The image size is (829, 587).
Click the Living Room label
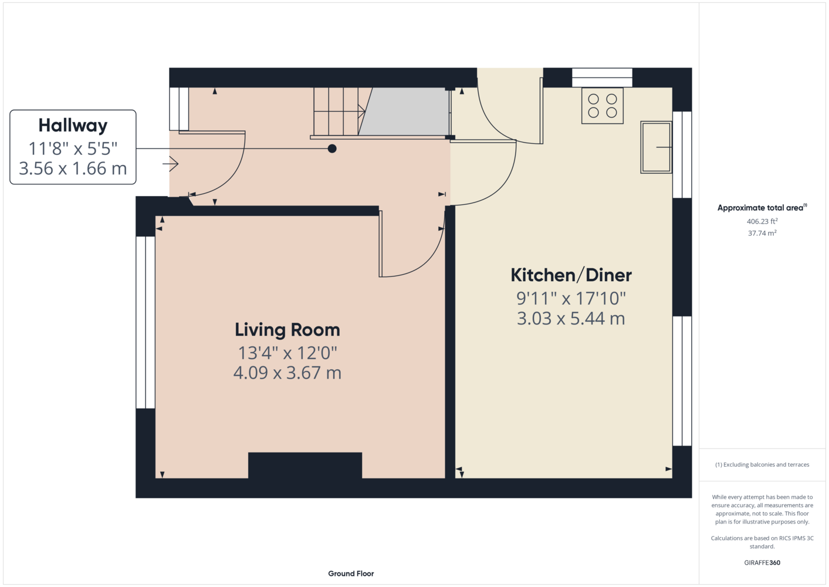tap(287, 330)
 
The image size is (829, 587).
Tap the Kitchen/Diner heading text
tap(571, 275)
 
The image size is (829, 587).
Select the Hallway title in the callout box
tap(73, 126)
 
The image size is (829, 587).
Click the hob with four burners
tap(602, 106)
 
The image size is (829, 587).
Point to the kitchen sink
tap(656, 147)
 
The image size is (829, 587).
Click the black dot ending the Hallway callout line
tap(332, 149)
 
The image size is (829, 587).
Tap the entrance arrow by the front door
tap(171, 164)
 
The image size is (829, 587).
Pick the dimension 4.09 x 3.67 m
tap(287, 373)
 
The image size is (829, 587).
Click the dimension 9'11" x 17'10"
tap(571, 299)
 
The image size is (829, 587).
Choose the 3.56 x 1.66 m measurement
tap(73, 168)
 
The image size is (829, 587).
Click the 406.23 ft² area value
tap(762, 221)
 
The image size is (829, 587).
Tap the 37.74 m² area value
tap(762, 233)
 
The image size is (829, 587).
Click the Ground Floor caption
tap(351, 573)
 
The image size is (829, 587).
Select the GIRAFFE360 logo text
tap(762, 562)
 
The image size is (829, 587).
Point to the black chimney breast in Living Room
tap(305, 465)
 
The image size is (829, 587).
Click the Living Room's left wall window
tap(146, 322)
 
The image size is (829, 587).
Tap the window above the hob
tap(602, 77)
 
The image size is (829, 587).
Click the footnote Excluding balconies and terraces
tap(762, 464)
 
